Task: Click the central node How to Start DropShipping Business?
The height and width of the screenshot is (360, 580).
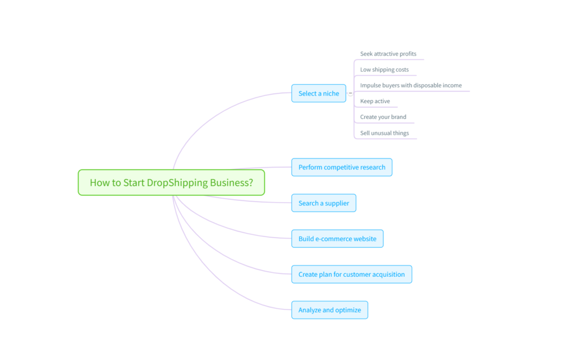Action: (171, 182)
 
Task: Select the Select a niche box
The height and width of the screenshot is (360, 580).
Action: (319, 93)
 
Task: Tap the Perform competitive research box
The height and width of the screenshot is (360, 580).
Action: (342, 167)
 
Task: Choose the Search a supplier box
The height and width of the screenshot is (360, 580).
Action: (323, 203)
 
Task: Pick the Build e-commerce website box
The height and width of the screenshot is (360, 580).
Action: (337, 239)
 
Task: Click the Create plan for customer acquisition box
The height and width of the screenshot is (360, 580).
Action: (351, 275)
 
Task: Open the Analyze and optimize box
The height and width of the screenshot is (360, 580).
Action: (329, 310)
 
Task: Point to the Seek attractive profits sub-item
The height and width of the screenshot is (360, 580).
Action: (388, 54)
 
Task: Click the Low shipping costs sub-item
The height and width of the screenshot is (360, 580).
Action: (384, 70)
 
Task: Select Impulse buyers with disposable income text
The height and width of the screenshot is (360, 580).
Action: (411, 85)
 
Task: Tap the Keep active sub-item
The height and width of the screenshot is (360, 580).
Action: (375, 101)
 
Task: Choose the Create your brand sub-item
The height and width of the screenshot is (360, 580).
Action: (383, 117)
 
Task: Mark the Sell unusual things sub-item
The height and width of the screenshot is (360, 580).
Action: (384, 133)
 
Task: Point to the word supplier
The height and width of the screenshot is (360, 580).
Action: (337, 203)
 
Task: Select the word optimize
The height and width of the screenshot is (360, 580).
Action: (348, 310)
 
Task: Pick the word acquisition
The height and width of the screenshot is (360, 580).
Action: (387, 275)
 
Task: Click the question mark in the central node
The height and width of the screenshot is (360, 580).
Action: (251, 183)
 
